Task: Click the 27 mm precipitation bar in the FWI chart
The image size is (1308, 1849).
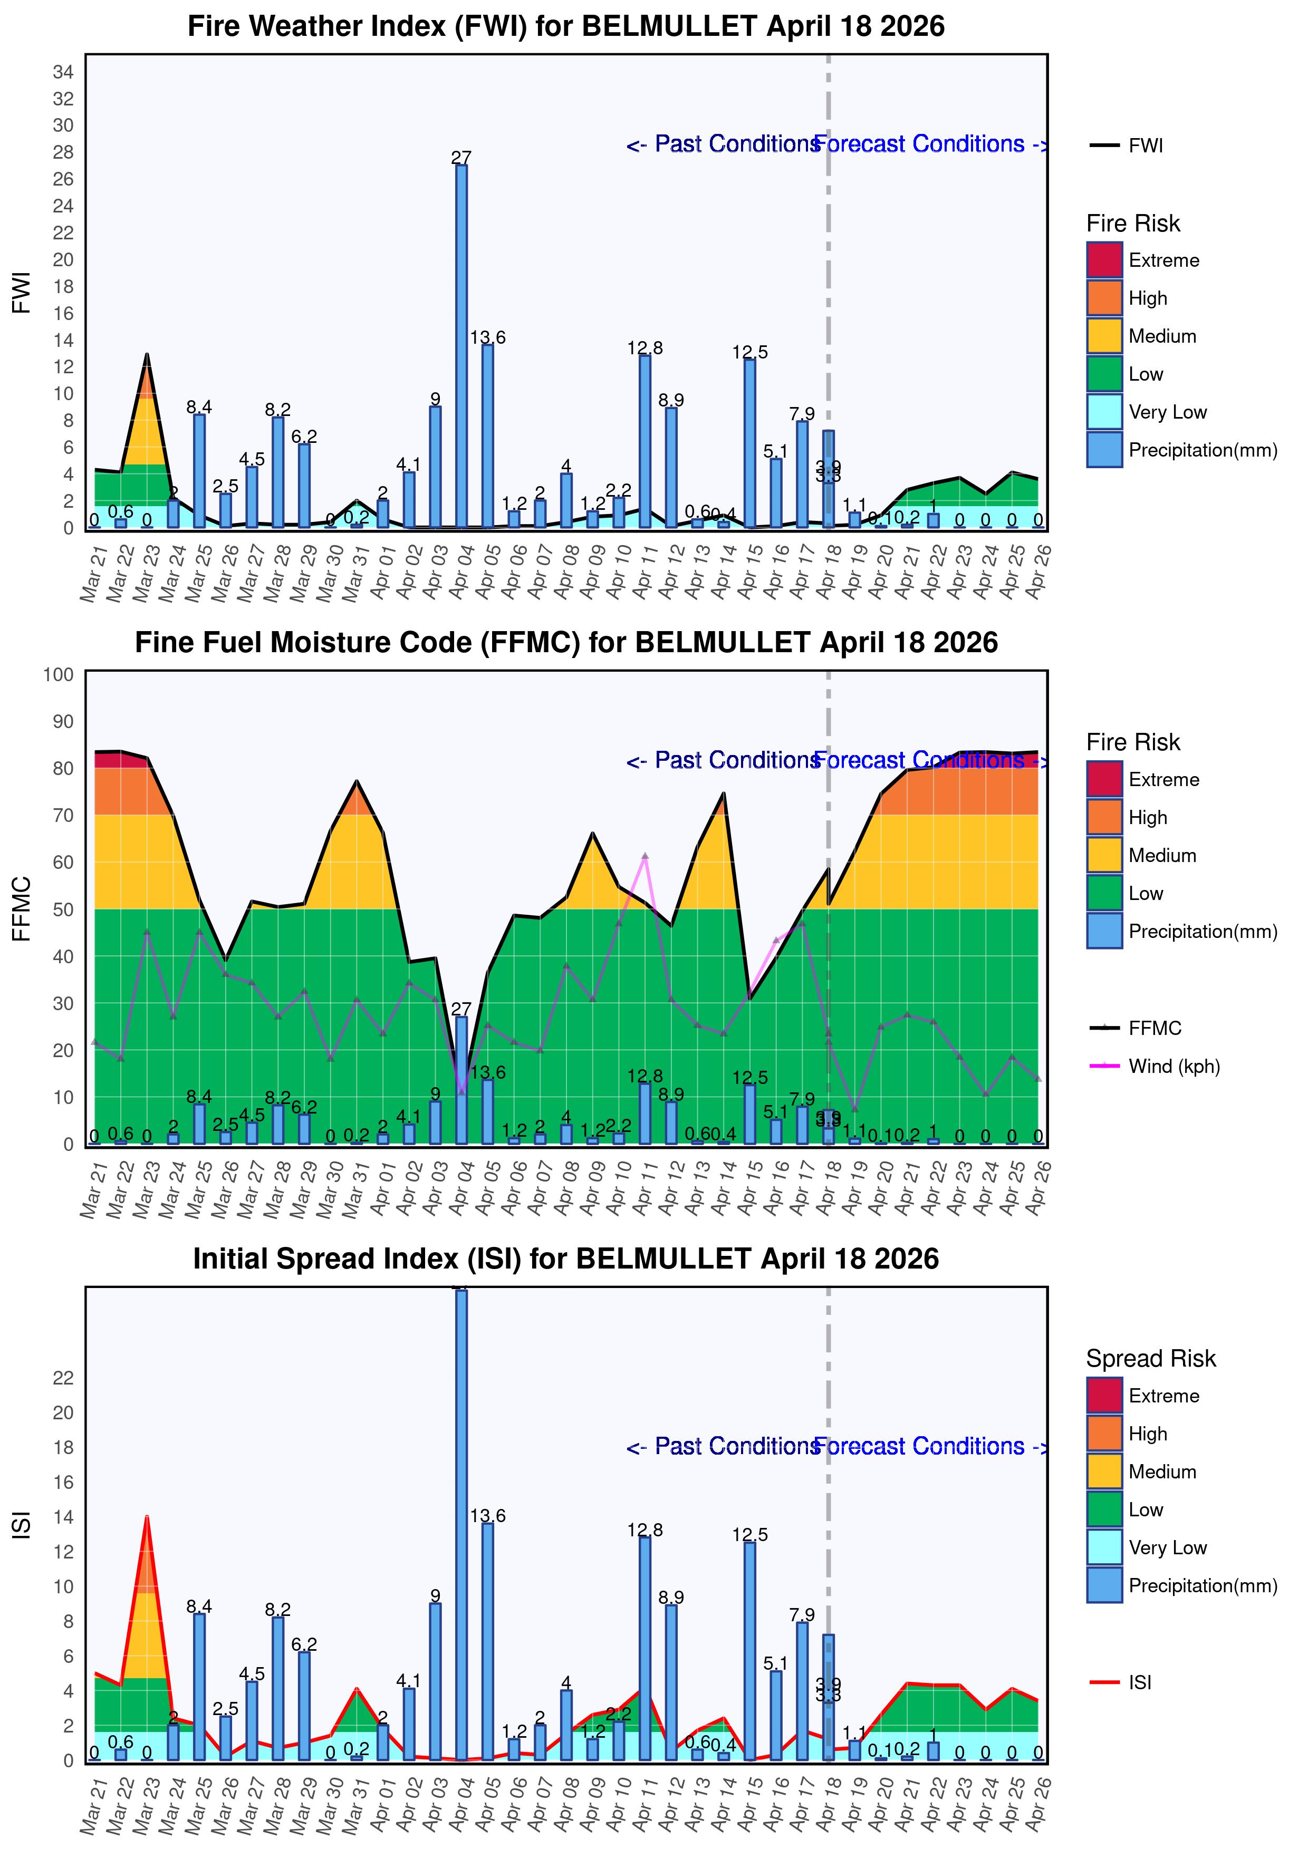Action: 461,346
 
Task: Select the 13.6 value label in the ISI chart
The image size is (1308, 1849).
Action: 488,1516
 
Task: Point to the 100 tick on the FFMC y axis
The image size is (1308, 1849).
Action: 59,675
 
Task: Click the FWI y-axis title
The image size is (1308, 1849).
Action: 22,292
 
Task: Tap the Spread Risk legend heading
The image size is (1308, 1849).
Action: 1150,1359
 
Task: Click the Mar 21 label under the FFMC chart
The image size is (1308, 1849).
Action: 93,1188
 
